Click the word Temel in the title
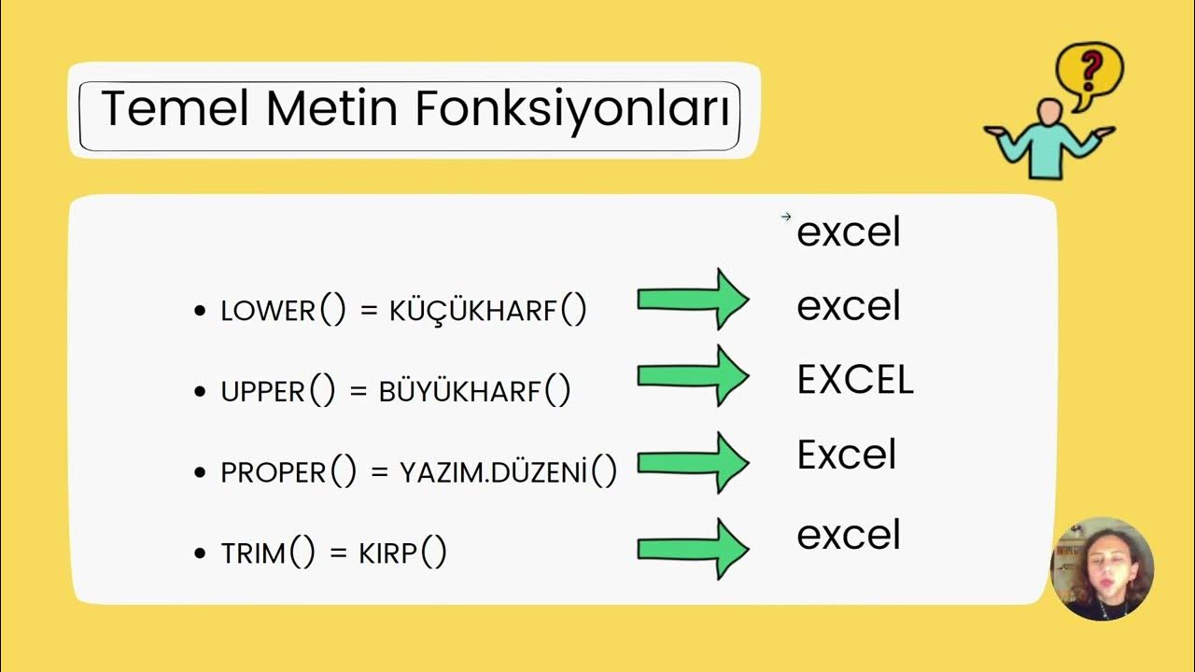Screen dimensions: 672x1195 pos(174,109)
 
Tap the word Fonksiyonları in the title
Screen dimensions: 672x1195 pos(572,109)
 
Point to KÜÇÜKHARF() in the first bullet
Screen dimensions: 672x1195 pos(486,311)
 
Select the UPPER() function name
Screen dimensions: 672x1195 pos(277,391)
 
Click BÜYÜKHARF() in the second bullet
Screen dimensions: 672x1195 pos(474,391)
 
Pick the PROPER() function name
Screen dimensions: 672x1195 pos(288,472)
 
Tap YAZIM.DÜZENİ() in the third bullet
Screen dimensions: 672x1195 pos(509,472)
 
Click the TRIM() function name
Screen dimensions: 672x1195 pos(268,553)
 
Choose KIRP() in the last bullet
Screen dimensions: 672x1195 pos(402,553)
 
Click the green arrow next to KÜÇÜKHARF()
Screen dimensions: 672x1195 pos(693,299)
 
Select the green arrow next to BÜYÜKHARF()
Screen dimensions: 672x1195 pos(693,375)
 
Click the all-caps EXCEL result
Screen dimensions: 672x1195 pos(854,380)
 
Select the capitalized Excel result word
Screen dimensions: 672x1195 pos(846,455)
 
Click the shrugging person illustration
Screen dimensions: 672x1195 pos(1049,138)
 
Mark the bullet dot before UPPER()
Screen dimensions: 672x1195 pos(199,392)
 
